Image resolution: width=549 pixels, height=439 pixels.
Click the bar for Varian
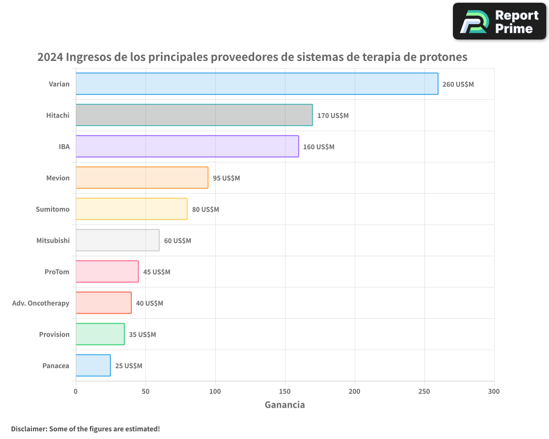coord(257,84)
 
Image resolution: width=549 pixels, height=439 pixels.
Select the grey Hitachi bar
coord(194,115)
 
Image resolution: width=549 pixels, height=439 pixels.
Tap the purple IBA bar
coord(187,147)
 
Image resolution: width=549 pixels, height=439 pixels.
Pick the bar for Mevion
coord(142,178)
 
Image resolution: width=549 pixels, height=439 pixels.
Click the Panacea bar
coord(93,365)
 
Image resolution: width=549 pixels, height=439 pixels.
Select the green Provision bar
coord(100,334)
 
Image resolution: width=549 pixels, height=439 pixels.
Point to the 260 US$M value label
coord(458,85)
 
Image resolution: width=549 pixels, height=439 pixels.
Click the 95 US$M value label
coord(226,178)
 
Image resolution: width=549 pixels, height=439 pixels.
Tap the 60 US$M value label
coord(177,241)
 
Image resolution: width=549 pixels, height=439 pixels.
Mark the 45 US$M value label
coord(156,272)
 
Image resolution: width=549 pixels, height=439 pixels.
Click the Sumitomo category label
coord(53,209)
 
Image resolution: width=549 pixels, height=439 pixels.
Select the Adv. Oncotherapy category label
coord(41,303)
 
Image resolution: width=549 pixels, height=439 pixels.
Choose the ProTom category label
coord(57,272)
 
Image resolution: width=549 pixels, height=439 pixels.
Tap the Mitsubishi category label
coord(53,240)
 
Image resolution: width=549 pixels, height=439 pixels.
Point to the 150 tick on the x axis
coord(285,392)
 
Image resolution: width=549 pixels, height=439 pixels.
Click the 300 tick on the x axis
coord(494,392)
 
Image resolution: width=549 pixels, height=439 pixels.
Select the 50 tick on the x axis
coord(145,392)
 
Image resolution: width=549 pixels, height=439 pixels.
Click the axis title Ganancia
coord(284,405)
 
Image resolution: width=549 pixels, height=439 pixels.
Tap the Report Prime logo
coord(500,21)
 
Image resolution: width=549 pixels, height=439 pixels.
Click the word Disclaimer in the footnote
coord(28,429)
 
